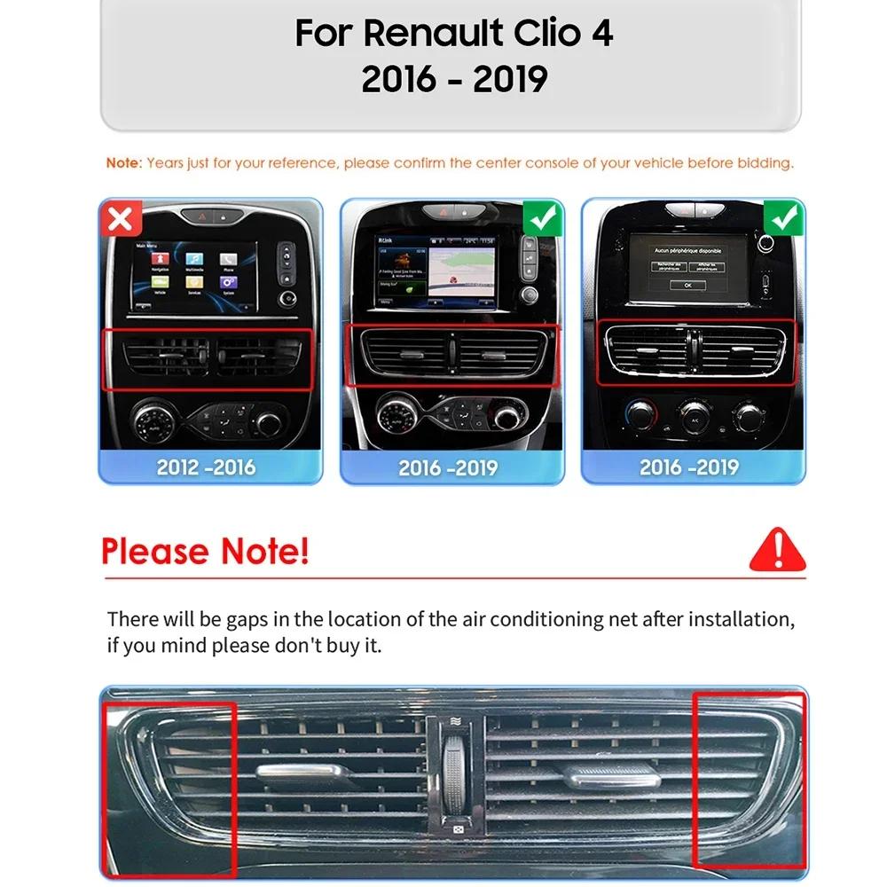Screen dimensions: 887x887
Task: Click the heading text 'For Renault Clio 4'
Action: (x=453, y=34)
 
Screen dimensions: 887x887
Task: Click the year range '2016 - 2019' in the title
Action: (x=453, y=80)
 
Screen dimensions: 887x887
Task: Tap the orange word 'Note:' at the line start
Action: (x=123, y=163)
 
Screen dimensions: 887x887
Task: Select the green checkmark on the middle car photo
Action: (x=542, y=217)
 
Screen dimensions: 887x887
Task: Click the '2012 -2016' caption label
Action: (x=207, y=467)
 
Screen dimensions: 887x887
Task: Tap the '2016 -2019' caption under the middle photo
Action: (x=448, y=467)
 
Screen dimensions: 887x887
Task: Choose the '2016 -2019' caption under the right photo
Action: (x=689, y=467)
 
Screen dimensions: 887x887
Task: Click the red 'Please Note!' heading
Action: (x=205, y=551)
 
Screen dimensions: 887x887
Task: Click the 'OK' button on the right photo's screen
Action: (x=688, y=285)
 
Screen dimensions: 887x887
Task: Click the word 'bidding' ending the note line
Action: (x=765, y=163)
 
